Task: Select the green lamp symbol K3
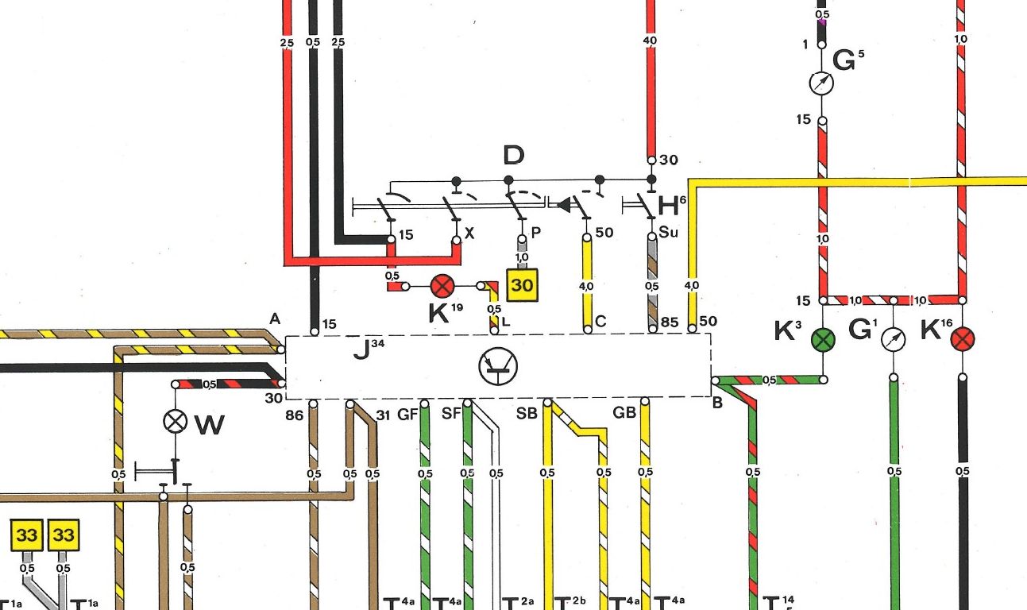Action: (x=824, y=340)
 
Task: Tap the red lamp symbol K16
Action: (x=963, y=340)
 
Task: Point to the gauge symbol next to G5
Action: (x=822, y=83)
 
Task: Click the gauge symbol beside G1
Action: (x=894, y=340)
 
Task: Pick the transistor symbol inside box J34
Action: (x=498, y=366)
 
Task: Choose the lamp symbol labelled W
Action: (x=175, y=421)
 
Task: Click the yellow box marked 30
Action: (x=523, y=284)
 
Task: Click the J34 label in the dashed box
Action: (x=366, y=347)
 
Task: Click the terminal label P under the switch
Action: (x=536, y=233)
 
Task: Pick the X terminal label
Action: (x=469, y=233)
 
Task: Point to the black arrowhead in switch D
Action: (x=563, y=205)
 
